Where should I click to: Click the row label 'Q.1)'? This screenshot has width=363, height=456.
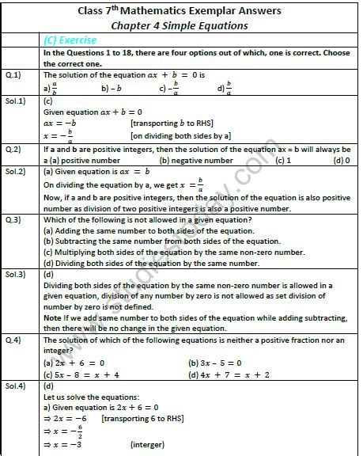pyautogui.click(x=17, y=74)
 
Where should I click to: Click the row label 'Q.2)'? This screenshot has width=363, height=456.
pyautogui.click(x=17, y=150)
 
